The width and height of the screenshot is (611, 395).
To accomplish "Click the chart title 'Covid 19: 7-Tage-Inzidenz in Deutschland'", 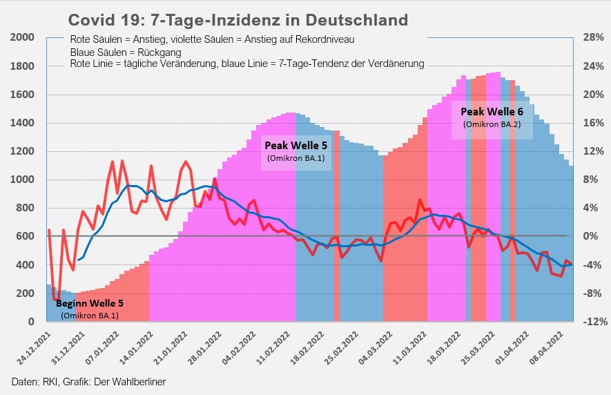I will [238, 19].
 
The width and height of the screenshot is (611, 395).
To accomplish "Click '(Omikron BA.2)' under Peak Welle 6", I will [492, 124].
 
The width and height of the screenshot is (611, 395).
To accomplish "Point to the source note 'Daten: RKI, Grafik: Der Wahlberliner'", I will [88, 381].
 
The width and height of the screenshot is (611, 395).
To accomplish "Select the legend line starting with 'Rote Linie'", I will [247, 64].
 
